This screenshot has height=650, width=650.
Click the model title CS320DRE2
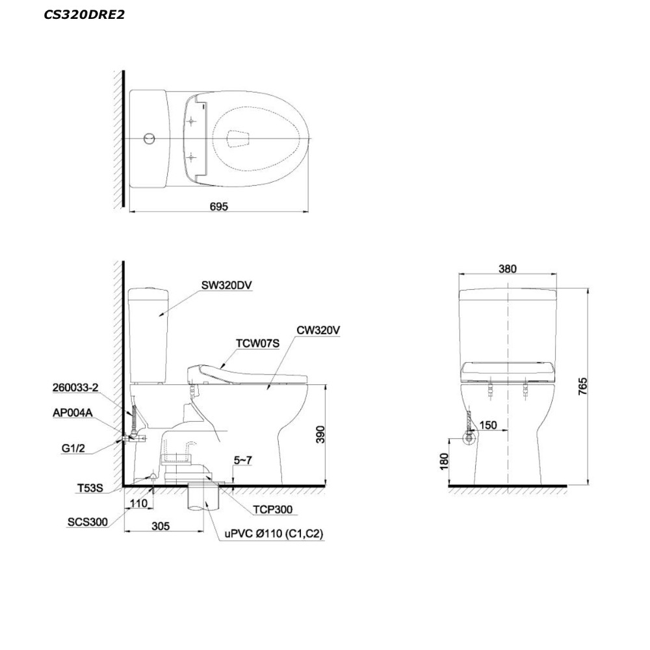tap(84, 15)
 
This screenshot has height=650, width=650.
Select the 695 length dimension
tap(219, 206)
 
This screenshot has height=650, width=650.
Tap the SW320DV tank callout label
tap(226, 285)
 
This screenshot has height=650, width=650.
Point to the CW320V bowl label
tap(318, 330)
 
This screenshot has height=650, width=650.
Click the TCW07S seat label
tap(257, 343)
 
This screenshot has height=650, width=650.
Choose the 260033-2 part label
tap(75, 387)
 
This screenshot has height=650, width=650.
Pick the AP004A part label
tap(73, 413)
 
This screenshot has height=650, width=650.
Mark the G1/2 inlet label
tap(73, 448)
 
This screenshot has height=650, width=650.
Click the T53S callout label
tap(90, 488)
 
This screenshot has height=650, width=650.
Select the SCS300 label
tap(88, 522)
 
